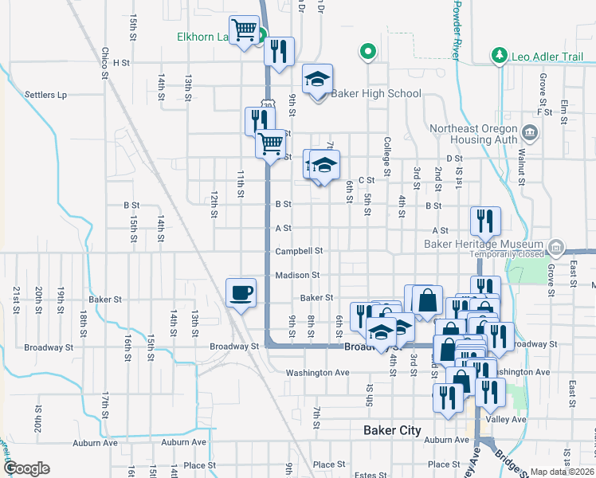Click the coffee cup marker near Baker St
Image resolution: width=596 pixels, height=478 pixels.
point(241,293)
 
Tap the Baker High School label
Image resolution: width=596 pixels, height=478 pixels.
point(376,93)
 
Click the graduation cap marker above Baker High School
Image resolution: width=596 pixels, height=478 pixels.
point(317,80)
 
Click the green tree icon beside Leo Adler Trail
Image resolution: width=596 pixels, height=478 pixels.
point(500,55)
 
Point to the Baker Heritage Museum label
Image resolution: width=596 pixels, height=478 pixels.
point(495,244)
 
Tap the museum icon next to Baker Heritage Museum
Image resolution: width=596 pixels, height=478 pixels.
point(556,247)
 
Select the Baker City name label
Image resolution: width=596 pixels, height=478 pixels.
point(392,430)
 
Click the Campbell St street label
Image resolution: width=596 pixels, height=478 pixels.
point(299,251)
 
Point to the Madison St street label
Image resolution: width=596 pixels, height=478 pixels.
point(297,275)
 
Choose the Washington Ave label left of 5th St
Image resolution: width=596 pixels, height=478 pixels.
point(317,372)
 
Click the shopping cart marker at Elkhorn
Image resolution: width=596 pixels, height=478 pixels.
point(245,32)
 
